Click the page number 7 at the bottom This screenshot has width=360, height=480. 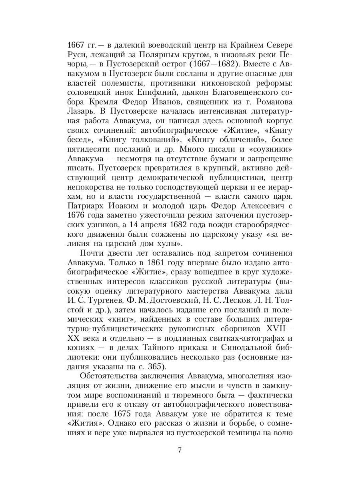point(180,450)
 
